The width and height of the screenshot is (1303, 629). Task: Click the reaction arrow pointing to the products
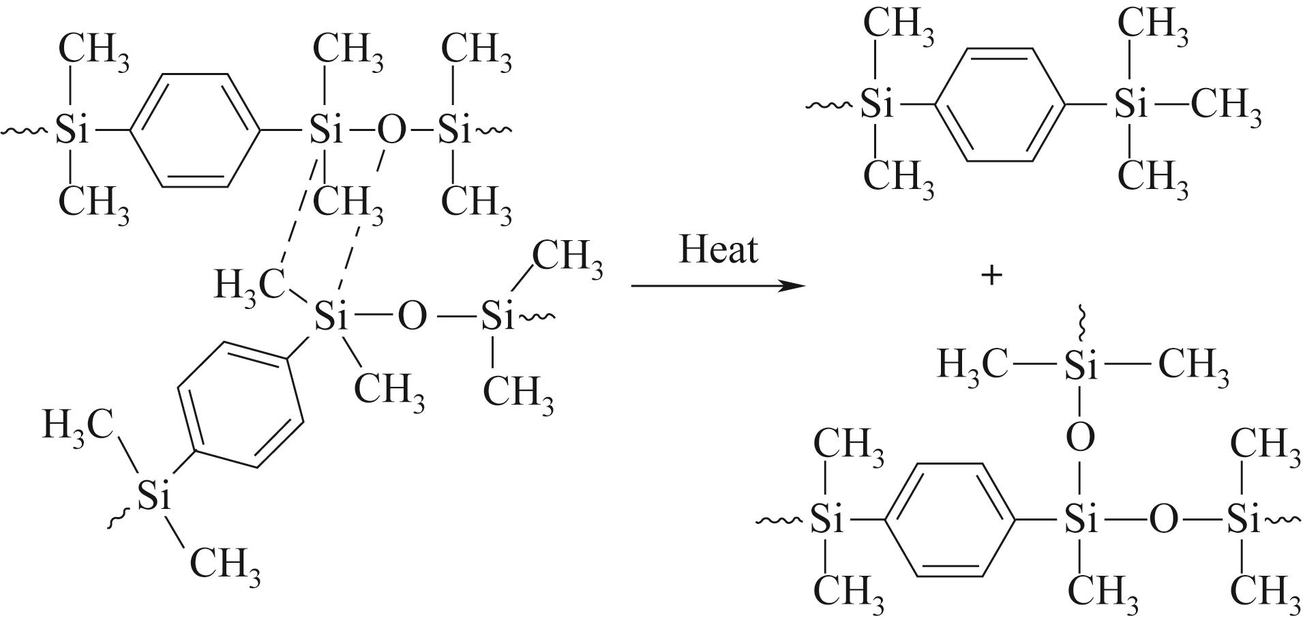coord(719,284)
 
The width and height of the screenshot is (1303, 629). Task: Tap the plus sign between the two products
coord(991,276)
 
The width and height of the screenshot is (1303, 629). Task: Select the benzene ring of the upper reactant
coord(195,130)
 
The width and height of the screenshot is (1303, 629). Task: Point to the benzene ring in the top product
coord(1000,105)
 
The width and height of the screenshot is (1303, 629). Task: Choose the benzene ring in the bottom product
coord(951,522)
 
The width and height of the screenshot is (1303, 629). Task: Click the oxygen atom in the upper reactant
coord(390,130)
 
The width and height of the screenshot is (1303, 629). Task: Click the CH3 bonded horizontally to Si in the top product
coord(1225,107)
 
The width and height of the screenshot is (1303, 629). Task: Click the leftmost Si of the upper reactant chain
coord(72,130)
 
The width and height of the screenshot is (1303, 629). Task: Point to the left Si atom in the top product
coord(877,106)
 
